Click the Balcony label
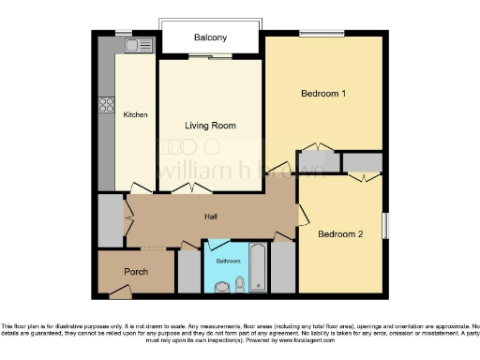(210, 37)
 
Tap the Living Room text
(209, 126)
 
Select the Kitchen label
(136, 115)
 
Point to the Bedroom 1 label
(323, 94)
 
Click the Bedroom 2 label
(339, 233)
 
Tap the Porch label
(136, 273)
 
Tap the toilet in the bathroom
(241, 283)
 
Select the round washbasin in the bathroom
(222, 287)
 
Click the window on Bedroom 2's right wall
(383, 226)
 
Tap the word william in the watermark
(187, 172)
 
